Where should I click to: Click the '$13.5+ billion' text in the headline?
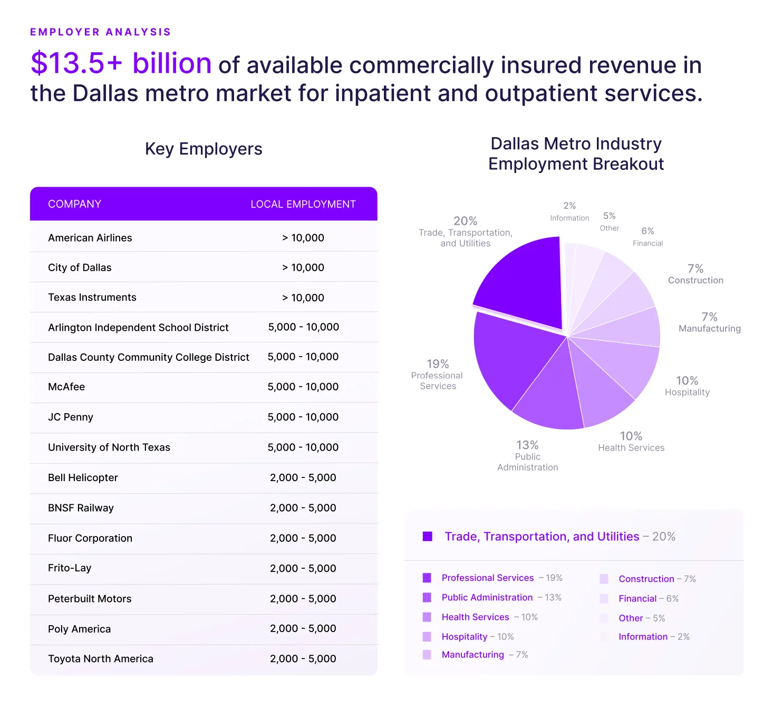pos(121,63)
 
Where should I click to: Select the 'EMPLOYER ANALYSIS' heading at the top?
pos(100,32)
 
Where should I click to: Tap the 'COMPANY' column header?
pos(74,204)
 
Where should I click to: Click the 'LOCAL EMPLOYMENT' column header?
pos(303,204)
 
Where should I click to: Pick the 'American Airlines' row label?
pos(90,238)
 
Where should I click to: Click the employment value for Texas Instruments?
pos(303,298)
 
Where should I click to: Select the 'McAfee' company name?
pos(66,387)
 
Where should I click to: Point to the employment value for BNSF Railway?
pos(303,508)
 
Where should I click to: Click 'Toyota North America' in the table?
pos(101,658)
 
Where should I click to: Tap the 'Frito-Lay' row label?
pos(70,568)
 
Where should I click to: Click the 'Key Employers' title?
pos(204,149)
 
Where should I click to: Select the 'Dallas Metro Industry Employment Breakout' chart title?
pos(576,154)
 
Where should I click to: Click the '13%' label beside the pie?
pos(527,445)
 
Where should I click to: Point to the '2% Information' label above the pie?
pos(569,212)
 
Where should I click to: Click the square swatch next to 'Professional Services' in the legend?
pos(427,578)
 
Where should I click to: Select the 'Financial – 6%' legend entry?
pos(648,598)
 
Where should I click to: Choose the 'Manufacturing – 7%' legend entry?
pos(484,655)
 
